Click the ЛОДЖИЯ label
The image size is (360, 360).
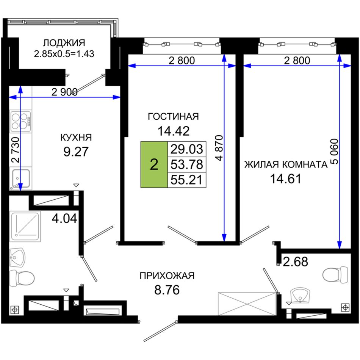pyautogui.click(x=64, y=43)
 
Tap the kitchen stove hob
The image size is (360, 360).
pyautogui.click(x=20, y=121)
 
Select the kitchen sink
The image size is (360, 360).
pyautogui.click(x=21, y=178)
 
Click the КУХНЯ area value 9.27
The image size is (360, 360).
pyautogui.click(x=76, y=152)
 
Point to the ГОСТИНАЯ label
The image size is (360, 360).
pyautogui.click(x=173, y=116)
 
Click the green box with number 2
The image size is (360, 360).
pyautogui.click(x=154, y=164)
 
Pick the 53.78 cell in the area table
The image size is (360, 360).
pyautogui.click(x=187, y=164)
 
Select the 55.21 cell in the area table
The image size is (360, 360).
pyautogui.click(x=187, y=180)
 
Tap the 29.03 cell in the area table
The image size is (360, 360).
pyautogui.click(x=187, y=149)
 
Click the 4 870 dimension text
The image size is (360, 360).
pyautogui.click(x=219, y=148)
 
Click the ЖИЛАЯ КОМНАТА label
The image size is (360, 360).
pyautogui.click(x=286, y=164)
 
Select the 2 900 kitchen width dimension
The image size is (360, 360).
pyautogui.click(x=64, y=92)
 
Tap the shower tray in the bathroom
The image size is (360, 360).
pyautogui.click(x=25, y=226)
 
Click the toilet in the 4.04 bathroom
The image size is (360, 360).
pyautogui.click(x=22, y=278)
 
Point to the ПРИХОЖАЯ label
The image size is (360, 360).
pyautogui.click(x=167, y=275)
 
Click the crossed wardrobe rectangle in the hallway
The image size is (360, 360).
pyautogui.click(x=247, y=304)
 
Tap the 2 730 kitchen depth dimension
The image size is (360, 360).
pyautogui.click(x=16, y=150)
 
